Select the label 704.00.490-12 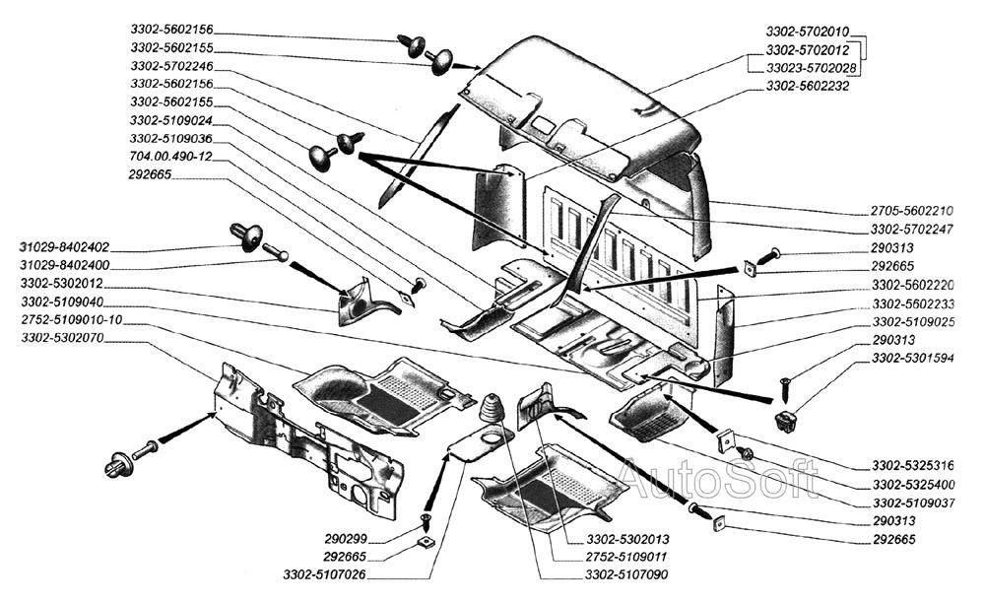coord(170,157)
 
